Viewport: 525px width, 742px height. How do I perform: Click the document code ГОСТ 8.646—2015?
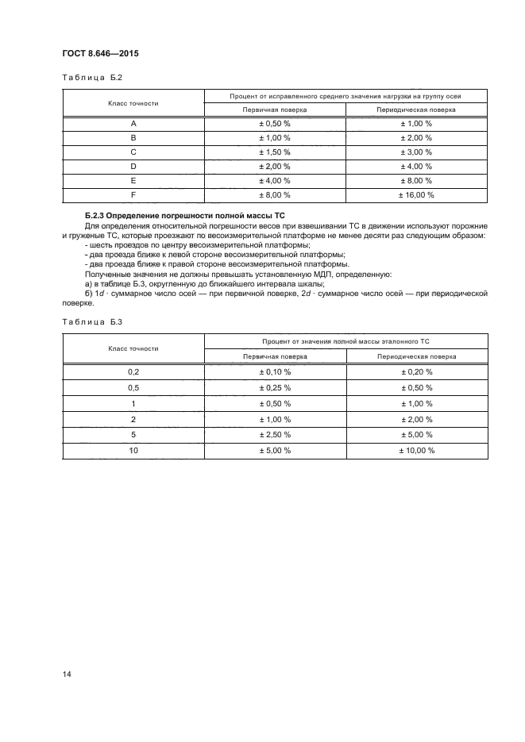pos(100,55)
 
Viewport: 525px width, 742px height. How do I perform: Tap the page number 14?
pos(67,674)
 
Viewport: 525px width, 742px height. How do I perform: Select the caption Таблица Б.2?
pos(91,78)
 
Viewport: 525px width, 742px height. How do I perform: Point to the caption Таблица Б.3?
pos(91,322)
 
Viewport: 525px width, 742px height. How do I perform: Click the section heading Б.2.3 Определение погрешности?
pos(184,217)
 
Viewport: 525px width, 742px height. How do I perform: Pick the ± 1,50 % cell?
pos(276,152)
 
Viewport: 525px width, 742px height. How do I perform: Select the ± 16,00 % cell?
pos(416,194)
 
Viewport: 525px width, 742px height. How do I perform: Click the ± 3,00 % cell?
pos(416,152)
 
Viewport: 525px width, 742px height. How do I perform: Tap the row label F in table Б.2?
pos(133,194)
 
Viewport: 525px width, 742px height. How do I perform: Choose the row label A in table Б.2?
pos(133,123)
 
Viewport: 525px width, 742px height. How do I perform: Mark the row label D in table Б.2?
pos(133,166)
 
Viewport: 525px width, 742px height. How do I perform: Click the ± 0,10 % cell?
pos(276,371)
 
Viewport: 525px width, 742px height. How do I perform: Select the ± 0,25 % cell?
pos(276,387)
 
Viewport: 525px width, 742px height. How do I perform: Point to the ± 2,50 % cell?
pos(276,435)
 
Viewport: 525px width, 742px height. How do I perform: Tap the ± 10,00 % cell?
pos(416,451)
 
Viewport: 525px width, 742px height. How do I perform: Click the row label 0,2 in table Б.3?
pos(133,371)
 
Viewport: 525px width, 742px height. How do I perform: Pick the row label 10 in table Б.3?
pos(133,451)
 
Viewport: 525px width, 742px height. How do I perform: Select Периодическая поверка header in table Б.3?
pos(416,356)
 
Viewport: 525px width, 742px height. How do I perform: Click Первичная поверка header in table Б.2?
pos(276,110)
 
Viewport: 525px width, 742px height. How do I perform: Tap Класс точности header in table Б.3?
pos(133,348)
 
